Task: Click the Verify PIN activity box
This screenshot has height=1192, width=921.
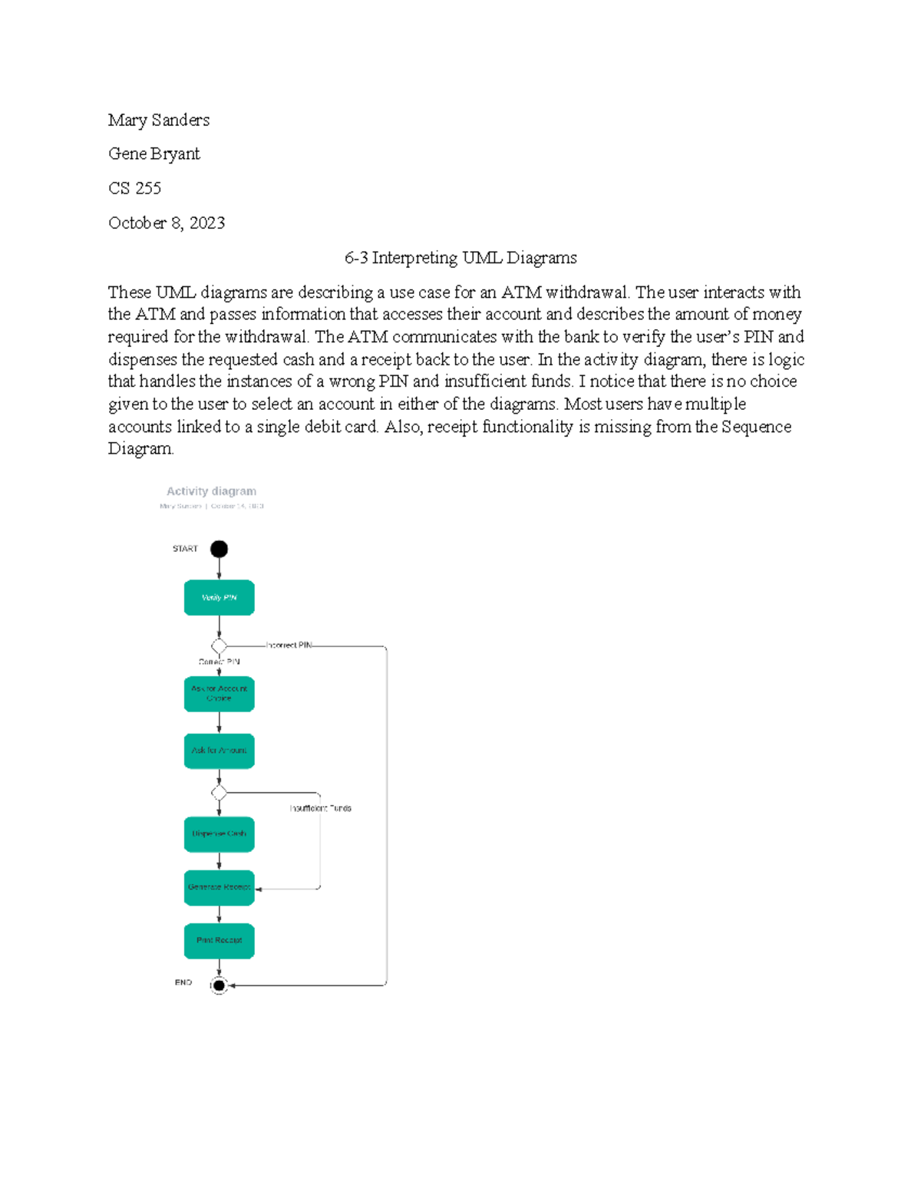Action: coord(219,597)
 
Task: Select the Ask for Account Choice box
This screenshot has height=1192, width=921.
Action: coord(219,694)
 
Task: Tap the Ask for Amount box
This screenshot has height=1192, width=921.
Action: coord(219,751)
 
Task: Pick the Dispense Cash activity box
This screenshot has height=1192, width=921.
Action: coord(219,834)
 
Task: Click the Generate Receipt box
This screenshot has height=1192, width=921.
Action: coord(219,887)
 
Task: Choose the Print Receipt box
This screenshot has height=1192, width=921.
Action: coord(219,940)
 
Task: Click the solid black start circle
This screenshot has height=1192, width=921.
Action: coord(219,549)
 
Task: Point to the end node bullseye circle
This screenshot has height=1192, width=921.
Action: coord(219,986)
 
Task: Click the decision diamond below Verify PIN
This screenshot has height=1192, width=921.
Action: coord(219,646)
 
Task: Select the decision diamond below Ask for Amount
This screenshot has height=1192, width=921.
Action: coord(219,792)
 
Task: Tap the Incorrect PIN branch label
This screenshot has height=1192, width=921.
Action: coord(289,646)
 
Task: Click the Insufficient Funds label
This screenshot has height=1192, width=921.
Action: coord(320,808)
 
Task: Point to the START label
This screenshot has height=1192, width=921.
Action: coord(185,549)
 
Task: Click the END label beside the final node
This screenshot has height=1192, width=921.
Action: coord(183,982)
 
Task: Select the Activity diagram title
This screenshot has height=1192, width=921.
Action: coord(211,491)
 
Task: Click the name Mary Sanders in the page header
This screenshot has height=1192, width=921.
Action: coord(159,120)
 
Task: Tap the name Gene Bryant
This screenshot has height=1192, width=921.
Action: coord(154,154)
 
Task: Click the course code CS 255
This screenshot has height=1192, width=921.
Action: coord(134,188)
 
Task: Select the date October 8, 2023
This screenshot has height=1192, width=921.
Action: coord(167,223)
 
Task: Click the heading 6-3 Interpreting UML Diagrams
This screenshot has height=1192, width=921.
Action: coord(460,258)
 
